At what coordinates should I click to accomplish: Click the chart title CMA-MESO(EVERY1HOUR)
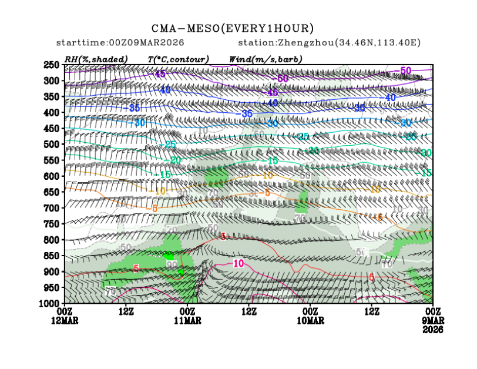coord(233,28)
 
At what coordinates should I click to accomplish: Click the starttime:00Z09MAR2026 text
coord(120,43)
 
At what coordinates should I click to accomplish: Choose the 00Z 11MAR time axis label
coord(187,316)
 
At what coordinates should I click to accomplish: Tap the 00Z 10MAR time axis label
coord(310,316)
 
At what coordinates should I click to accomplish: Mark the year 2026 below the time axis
coord(433,330)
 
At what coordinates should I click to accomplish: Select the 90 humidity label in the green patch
coord(172,265)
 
